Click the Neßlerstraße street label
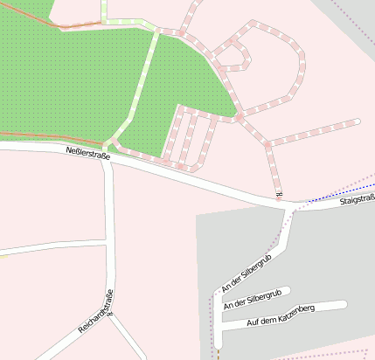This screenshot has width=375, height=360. (88, 154)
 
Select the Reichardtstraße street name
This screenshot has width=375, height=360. (96, 311)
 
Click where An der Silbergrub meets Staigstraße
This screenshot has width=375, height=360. (289, 208)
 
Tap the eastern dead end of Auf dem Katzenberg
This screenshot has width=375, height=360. (344, 305)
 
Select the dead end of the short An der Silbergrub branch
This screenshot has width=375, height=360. (288, 290)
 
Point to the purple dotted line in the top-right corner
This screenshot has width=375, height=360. (358, 17)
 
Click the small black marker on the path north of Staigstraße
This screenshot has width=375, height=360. (279, 193)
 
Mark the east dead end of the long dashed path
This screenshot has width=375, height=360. (357, 121)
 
